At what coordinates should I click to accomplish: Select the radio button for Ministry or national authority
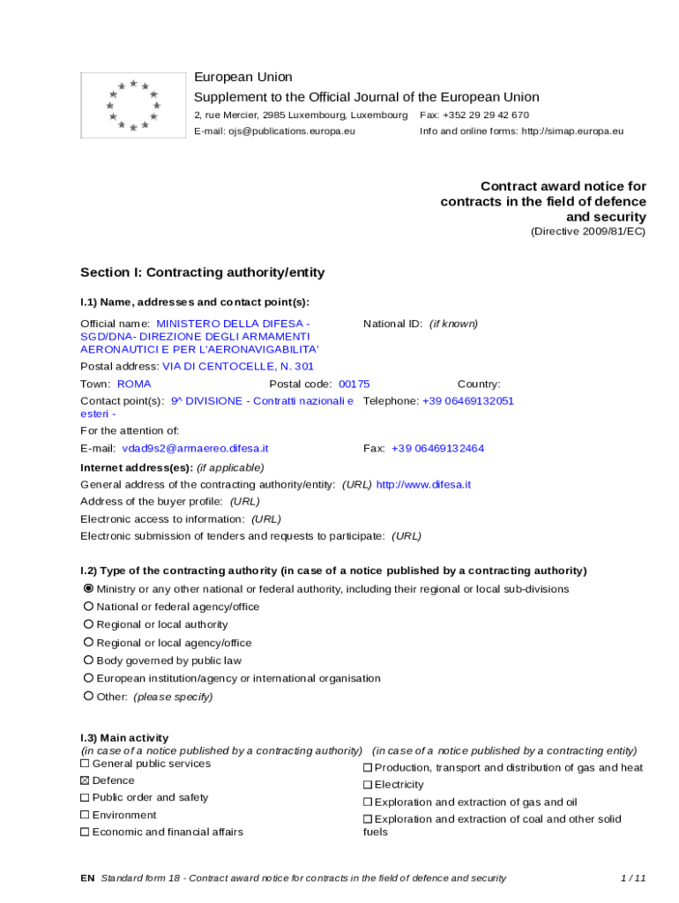[88, 588]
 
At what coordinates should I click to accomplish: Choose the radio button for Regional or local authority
[88, 624]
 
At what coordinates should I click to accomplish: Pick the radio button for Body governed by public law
[88, 660]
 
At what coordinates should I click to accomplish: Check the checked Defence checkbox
[86, 780]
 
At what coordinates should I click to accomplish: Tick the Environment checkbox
[86, 815]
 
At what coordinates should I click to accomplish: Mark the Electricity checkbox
[368, 785]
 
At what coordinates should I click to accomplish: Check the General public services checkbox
[86, 764]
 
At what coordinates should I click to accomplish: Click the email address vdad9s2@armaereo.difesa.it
[195, 448]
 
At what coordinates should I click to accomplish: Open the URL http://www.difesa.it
[423, 484]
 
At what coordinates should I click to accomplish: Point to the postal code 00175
[354, 384]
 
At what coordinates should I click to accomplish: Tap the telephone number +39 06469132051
[467, 400]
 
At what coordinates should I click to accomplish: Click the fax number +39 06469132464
[437, 448]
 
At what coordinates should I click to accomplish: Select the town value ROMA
[134, 384]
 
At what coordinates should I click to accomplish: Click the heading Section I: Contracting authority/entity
[202, 272]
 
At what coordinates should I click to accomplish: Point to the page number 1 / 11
[633, 877]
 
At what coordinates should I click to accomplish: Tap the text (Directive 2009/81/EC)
[588, 232]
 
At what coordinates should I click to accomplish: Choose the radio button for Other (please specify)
[88, 696]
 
